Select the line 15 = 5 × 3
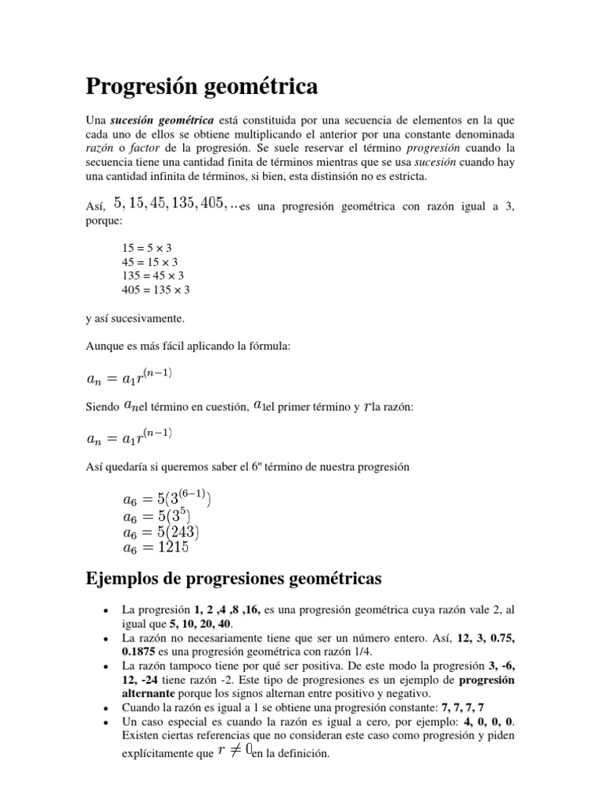tap(146, 248)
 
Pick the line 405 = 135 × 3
tap(156, 290)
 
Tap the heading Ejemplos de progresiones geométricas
tap(232, 580)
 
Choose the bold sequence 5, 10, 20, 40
tap(201, 624)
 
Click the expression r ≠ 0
tap(233, 752)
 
